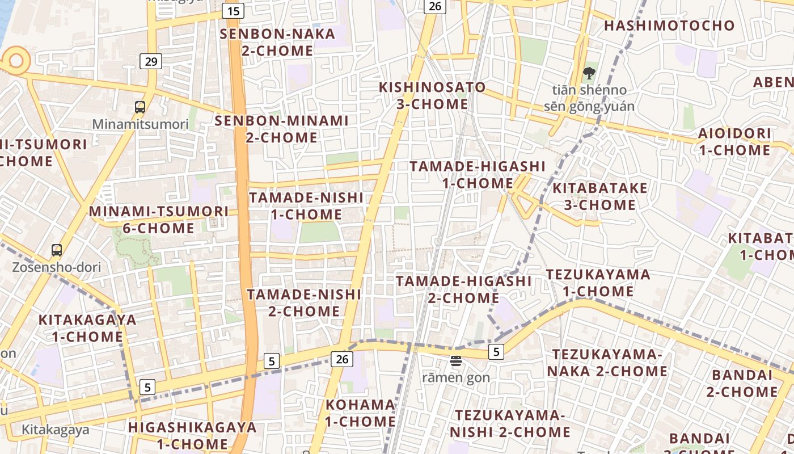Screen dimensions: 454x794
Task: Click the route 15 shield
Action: [233, 10]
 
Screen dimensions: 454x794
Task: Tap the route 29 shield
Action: [151, 61]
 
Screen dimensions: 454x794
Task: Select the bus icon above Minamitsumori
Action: [140, 107]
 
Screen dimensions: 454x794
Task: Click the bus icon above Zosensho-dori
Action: [57, 250]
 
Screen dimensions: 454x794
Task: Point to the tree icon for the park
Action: [589, 73]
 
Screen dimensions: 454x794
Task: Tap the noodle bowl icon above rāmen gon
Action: [456, 360]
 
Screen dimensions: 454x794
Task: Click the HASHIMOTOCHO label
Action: [669, 26]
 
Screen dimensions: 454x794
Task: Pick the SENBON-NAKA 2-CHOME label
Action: [277, 42]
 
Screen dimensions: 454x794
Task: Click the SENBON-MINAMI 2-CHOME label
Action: [281, 129]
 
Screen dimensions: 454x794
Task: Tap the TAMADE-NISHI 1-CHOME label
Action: [306, 206]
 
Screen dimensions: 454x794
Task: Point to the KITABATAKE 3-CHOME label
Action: [600, 196]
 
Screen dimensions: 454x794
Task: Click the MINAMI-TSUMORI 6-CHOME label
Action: [159, 220]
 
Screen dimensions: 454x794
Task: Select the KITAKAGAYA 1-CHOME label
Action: [87, 328]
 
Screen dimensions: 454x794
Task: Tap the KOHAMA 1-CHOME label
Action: [360, 413]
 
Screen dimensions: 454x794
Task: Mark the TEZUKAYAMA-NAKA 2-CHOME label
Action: [610, 363]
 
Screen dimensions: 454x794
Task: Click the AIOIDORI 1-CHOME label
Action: [734, 142]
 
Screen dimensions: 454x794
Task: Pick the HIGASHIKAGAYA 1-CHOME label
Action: [192, 435]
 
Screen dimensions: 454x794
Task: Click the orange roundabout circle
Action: [15, 60]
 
